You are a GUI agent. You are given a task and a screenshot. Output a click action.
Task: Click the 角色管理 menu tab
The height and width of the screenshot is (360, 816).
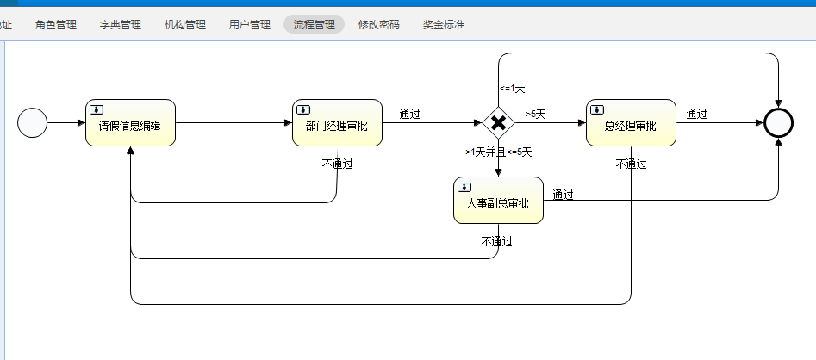point(56,25)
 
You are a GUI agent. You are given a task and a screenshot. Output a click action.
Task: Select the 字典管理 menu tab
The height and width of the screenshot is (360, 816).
point(121,25)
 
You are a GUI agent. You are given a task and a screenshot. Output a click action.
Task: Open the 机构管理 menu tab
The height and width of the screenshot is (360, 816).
point(185,25)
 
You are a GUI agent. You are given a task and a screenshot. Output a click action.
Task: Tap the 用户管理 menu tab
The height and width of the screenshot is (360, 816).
point(250,25)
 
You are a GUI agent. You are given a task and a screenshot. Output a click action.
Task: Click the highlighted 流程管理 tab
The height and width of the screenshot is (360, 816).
point(314,25)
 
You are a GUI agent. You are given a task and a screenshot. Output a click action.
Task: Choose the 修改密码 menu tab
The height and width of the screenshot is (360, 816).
point(379,25)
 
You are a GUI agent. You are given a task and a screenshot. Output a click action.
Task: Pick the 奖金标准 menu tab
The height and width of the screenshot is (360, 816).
point(444,25)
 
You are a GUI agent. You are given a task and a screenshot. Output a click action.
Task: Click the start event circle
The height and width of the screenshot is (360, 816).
point(32,123)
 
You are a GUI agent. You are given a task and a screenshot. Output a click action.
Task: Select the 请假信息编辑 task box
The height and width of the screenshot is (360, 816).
point(131,123)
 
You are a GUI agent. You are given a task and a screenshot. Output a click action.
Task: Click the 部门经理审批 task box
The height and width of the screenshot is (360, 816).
point(337,123)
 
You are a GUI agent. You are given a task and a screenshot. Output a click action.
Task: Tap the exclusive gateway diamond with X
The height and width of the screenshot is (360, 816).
point(498,123)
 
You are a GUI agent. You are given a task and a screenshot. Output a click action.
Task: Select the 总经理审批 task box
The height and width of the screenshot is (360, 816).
point(631,123)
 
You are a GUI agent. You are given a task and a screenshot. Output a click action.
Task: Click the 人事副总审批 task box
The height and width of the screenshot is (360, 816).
point(498,201)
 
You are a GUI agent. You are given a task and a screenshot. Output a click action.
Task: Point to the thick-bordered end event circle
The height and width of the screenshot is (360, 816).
point(778,123)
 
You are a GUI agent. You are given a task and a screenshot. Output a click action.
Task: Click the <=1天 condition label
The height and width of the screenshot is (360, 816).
point(512,88)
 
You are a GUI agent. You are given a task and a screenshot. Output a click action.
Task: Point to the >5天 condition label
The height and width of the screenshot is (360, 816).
point(536,114)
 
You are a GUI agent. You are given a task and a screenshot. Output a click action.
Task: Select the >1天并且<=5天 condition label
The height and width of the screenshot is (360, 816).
point(498,152)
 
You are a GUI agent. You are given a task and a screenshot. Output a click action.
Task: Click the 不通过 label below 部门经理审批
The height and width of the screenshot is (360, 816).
point(337,164)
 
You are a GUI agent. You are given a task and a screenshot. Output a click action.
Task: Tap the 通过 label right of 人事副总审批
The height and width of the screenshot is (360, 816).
point(564,194)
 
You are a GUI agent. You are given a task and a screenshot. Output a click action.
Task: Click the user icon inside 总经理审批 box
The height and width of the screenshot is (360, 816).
point(596,109)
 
